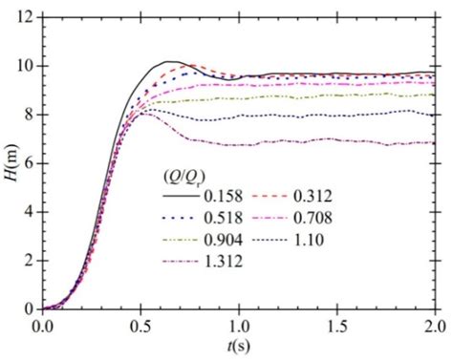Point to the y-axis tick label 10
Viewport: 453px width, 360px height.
[25, 66]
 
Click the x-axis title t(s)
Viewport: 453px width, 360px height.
[239, 346]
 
